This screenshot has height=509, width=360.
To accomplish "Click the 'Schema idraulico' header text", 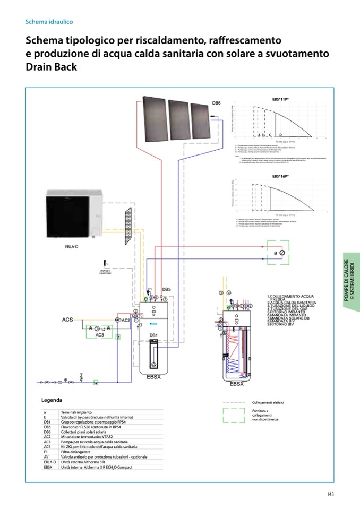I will [x=49, y=22].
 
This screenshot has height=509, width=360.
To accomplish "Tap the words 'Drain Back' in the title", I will [x=51, y=67].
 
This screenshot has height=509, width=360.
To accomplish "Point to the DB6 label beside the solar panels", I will [x=216, y=103].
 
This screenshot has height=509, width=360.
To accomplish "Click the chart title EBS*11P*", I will [x=280, y=99].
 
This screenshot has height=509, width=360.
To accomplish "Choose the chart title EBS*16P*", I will [x=280, y=176].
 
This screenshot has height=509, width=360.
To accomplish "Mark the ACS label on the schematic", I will [x=67, y=320].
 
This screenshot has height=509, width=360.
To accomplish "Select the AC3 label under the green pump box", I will [x=100, y=335].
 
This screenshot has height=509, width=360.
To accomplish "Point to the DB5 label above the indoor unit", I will [x=166, y=289].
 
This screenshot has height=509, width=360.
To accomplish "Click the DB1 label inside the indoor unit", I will [x=152, y=335].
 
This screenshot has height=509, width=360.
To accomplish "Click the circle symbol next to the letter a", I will [x=282, y=253].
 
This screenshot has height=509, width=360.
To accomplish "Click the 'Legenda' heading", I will [x=52, y=400].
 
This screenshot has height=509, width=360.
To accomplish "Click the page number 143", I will [x=330, y=494].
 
